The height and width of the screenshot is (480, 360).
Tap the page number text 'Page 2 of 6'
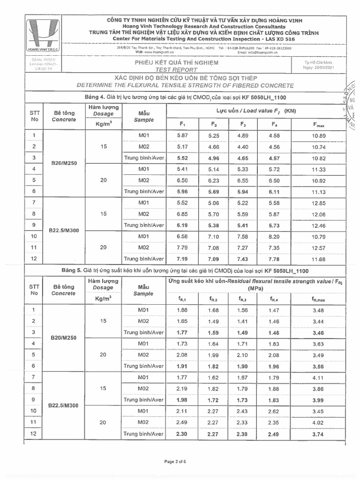tap(175, 461)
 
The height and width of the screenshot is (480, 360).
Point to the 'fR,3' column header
tap(242, 299)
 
